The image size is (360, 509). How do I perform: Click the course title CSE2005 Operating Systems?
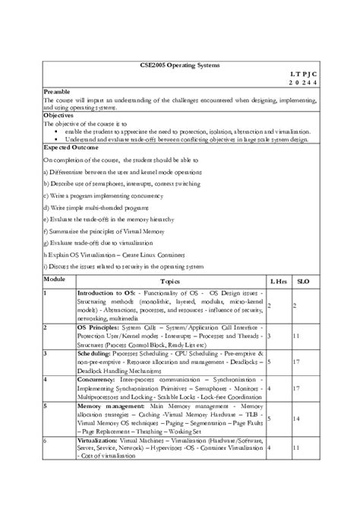[180, 65]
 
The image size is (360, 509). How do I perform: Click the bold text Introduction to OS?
[106, 292]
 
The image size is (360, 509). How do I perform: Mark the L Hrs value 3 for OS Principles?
[270, 334]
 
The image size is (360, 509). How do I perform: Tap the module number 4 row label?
[46, 378]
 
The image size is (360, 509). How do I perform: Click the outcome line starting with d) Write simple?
[96, 207]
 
